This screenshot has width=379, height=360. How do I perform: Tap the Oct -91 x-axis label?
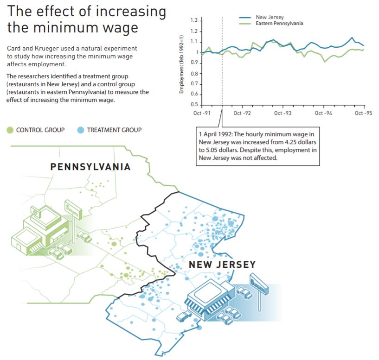pyautogui.click(x=202, y=113)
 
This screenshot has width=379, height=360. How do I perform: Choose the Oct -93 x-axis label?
pyautogui.click(x=282, y=113)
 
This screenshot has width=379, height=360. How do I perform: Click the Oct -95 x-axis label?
pyautogui.click(x=363, y=113)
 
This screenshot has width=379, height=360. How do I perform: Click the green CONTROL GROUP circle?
pyautogui.click(x=10, y=130)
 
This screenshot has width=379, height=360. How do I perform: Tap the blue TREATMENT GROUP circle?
pyautogui.click(x=81, y=130)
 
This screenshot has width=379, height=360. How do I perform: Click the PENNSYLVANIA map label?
pyautogui.click(x=90, y=167)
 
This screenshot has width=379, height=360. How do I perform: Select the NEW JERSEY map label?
pyautogui.click(x=222, y=265)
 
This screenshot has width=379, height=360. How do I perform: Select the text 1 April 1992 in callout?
pyautogui.click(x=218, y=134)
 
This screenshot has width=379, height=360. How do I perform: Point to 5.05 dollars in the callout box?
pyautogui.click(x=219, y=150)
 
